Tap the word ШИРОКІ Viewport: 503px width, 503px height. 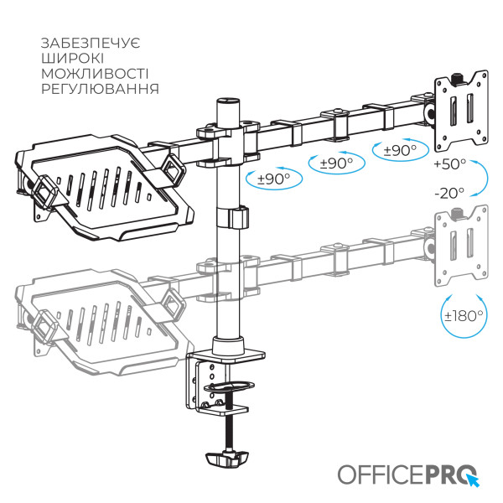(x=71, y=58)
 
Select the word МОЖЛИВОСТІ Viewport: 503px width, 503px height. (x=94, y=73)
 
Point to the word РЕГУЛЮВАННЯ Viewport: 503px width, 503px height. (x=98, y=89)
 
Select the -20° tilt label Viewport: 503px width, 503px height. (x=449, y=193)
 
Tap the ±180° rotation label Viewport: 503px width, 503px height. (x=464, y=316)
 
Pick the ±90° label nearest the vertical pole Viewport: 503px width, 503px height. (x=273, y=179)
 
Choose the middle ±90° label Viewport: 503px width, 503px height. (x=337, y=163)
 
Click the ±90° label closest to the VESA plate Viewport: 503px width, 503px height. (x=400, y=151)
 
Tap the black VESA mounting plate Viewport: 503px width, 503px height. (x=460, y=106)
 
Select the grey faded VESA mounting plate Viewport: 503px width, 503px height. (x=460, y=243)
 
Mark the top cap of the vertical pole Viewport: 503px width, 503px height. (x=227, y=100)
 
